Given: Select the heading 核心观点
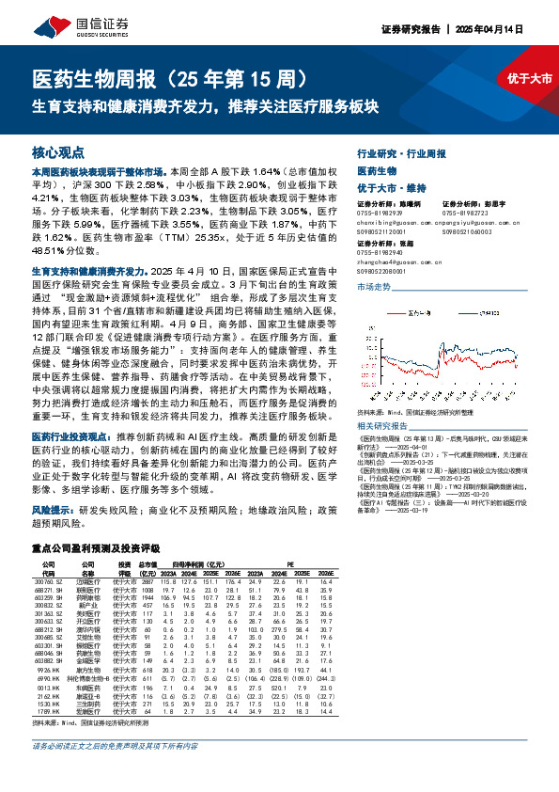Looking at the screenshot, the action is coord(57,151).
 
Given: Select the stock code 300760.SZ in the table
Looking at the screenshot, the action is coord(49,556).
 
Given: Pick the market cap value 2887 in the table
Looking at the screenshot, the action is coord(146,556).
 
